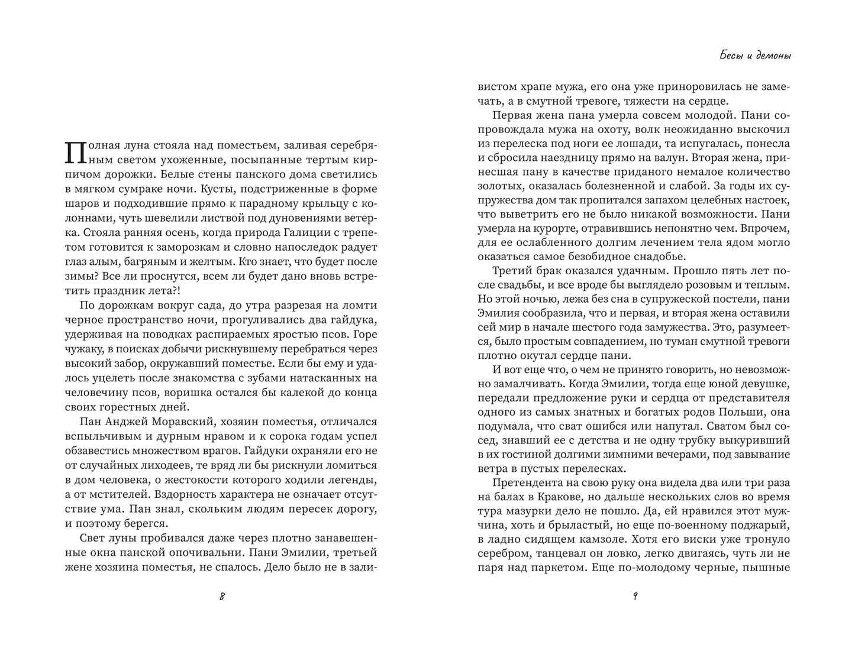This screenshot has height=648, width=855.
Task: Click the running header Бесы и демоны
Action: coord(748,56)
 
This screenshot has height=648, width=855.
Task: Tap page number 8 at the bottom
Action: coord(222,596)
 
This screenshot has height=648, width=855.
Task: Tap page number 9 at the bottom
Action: coord(634,596)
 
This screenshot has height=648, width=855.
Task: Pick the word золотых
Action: coord(499,186)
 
